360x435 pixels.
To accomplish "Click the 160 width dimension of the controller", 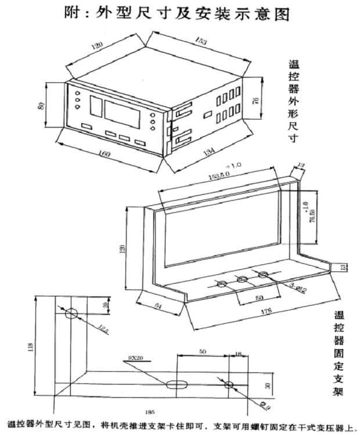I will (x=105, y=154).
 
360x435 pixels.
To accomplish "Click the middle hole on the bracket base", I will (x=243, y=280).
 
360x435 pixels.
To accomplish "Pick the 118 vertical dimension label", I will (x=30, y=348).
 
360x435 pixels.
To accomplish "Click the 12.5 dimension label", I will (x=103, y=330).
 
